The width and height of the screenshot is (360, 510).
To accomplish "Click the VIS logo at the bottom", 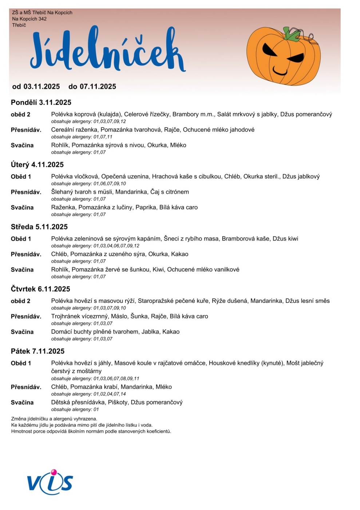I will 50,482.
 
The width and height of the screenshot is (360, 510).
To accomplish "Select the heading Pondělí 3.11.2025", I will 41,102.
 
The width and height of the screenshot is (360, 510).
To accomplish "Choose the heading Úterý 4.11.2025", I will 37,165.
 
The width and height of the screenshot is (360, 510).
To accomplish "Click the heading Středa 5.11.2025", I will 39,227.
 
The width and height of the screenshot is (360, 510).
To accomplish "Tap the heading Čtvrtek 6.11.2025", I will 40,289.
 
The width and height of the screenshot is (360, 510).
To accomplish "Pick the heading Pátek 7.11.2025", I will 37,352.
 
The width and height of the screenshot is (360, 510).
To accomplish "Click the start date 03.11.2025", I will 41,87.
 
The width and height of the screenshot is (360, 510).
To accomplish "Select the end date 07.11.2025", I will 98,87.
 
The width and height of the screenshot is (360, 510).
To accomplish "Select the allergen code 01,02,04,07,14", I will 110,394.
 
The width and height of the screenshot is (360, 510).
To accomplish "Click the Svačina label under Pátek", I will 22,403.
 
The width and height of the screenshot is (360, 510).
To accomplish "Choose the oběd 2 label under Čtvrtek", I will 21,301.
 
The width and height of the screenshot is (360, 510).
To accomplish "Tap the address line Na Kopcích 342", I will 29,19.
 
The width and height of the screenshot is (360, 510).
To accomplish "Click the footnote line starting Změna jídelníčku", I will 54,419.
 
